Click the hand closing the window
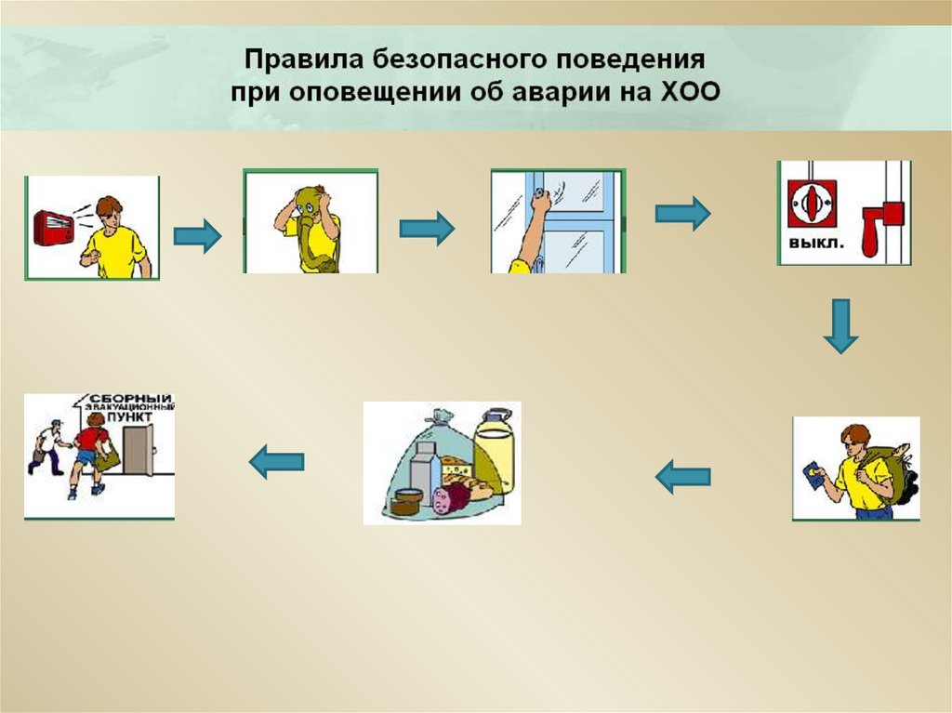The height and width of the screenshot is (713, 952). pyautogui.click(x=539, y=204)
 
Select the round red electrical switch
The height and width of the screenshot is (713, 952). pyautogui.click(x=806, y=203)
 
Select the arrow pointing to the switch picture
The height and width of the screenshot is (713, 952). pyautogui.click(x=682, y=214)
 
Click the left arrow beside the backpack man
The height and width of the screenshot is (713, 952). pyautogui.click(x=682, y=478)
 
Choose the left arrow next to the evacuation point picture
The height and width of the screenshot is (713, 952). pyautogui.click(x=277, y=460)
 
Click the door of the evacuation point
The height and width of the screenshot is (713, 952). pyautogui.click(x=138, y=451)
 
